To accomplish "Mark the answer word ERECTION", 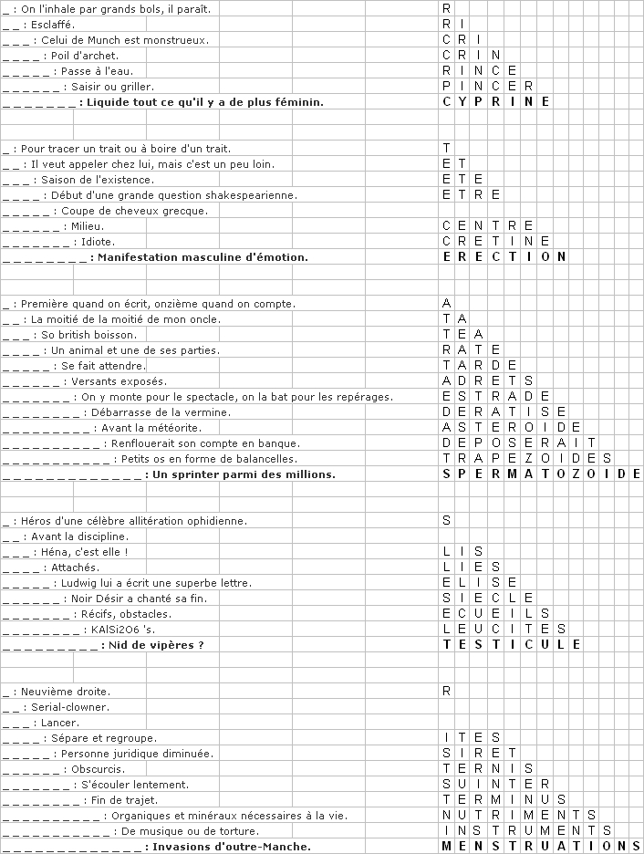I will tap(504, 257).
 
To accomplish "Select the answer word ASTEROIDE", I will tap(511, 428).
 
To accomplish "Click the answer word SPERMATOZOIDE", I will tap(542, 474).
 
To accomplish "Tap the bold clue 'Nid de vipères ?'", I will tap(156, 645).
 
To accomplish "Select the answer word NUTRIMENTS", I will tap(519, 816).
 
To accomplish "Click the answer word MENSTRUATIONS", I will tap(542, 847).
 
